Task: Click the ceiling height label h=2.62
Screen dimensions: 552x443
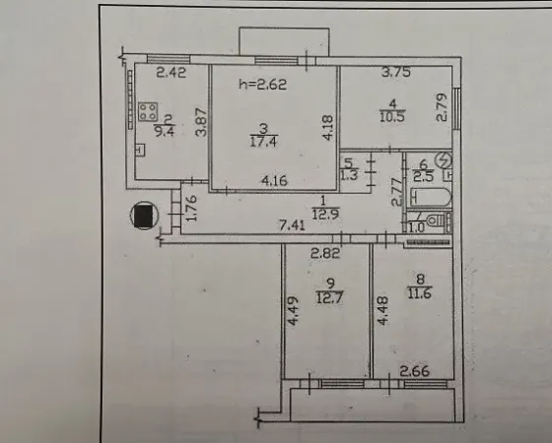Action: [x=262, y=85]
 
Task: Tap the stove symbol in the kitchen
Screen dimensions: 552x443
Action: [x=148, y=112]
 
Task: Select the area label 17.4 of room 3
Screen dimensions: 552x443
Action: [x=263, y=142]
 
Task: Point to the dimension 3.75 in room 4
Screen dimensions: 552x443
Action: [x=396, y=72]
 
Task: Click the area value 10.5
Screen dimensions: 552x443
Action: [x=392, y=116]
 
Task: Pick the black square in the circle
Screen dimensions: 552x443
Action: [x=143, y=216]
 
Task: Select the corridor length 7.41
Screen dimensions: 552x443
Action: [x=292, y=224]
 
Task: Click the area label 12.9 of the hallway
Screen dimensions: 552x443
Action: [x=325, y=214]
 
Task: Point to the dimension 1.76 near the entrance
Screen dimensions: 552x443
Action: [x=191, y=208]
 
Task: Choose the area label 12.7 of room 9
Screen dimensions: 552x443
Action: [x=330, y=297]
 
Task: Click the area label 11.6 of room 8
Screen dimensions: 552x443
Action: [x=420, y=292]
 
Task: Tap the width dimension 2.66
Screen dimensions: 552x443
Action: [x=415, y=371]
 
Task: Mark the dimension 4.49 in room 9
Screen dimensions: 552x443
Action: [x=293, y=311]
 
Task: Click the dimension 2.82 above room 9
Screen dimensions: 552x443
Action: [x=325, y=253]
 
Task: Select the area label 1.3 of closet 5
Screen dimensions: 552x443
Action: [x=349, y=175]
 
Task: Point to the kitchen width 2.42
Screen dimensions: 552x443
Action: [x=172, y=73]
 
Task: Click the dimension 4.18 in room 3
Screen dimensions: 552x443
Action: [x=327, y=128]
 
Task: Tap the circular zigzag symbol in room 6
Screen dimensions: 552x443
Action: [x=444, y=160]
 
